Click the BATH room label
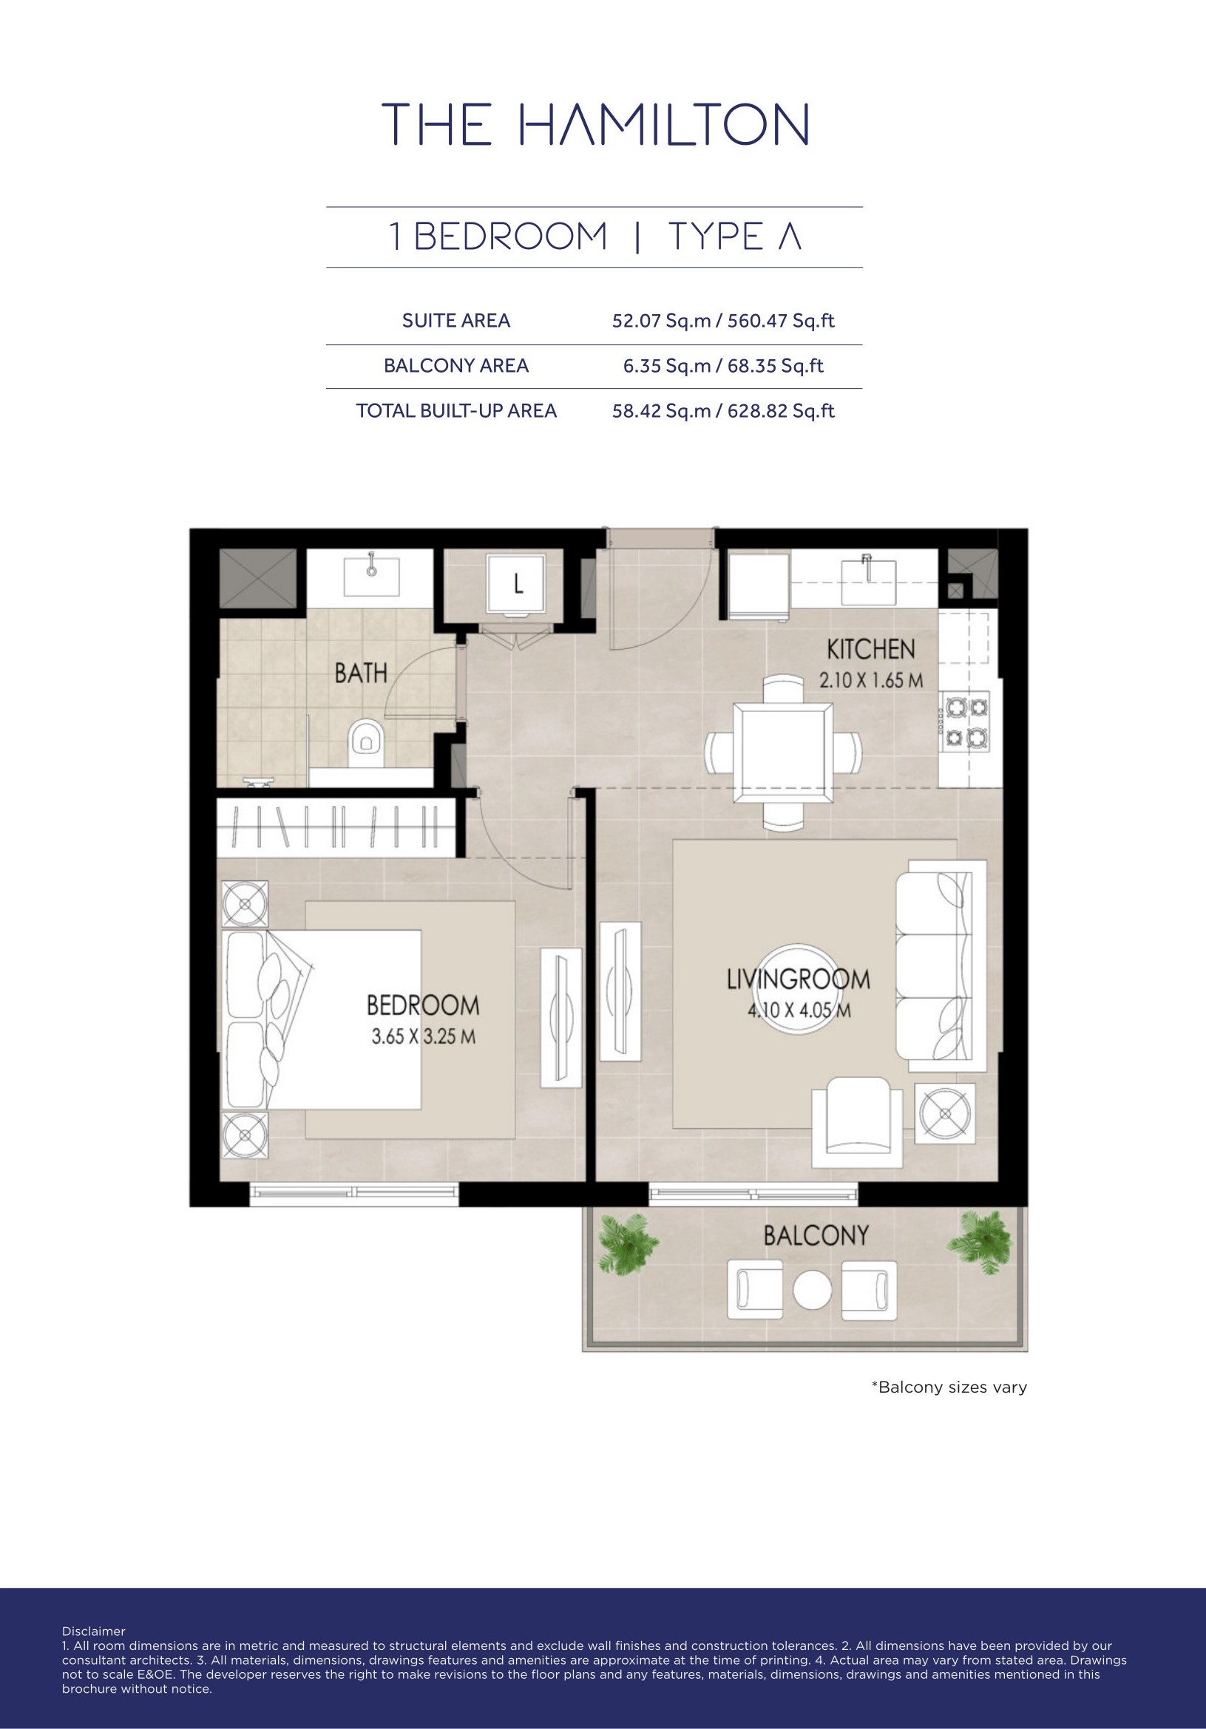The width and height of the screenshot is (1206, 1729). coord(361,673)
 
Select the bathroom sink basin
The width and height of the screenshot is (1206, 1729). coord(372,577)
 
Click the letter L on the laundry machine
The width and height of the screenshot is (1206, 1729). coord(518,584)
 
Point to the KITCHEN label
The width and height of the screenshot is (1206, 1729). coord(871,649)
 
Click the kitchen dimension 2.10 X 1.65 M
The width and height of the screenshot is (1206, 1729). coord(871,681)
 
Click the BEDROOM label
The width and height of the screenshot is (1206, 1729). coord(423,1005)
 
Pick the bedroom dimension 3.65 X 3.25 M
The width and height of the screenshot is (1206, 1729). coord(424,1037)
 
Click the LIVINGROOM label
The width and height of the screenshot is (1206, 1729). coord(799,979)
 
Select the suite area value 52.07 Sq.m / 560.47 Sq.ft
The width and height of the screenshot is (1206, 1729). coord(723,321)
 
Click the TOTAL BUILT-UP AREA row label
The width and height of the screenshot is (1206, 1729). coord(456,410)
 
